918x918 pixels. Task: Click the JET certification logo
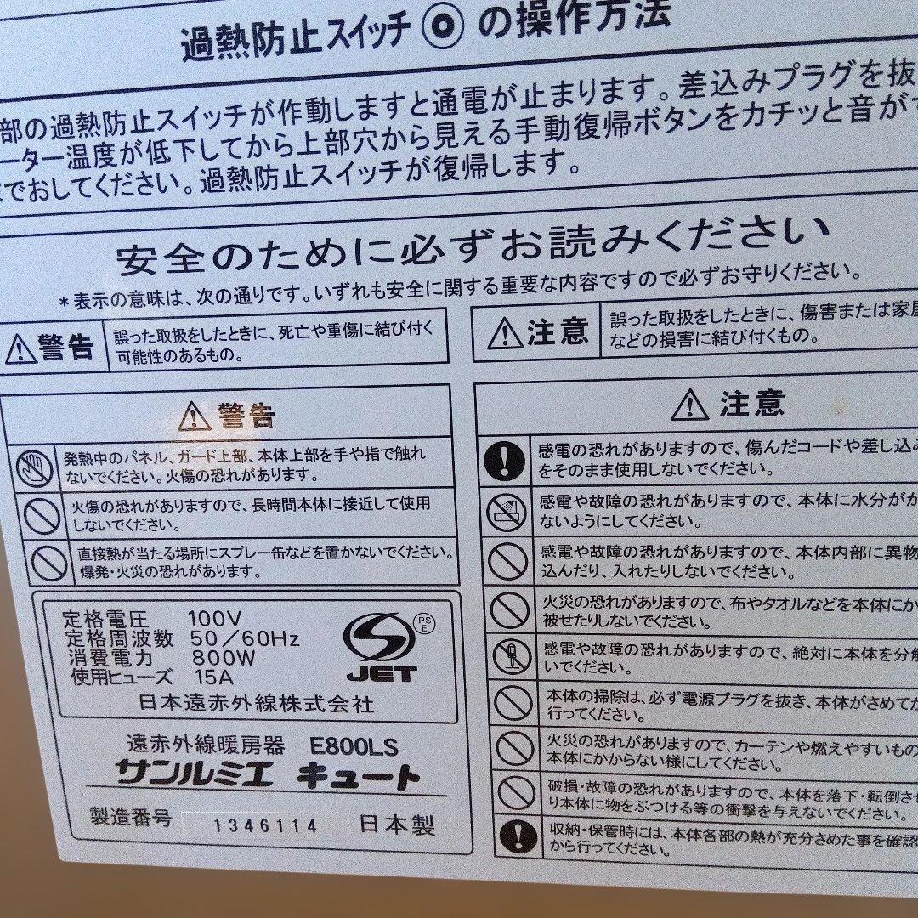(381, 648)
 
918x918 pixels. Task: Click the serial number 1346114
(265, 825)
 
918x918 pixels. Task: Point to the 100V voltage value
(215, 619)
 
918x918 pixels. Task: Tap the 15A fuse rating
(212, 677)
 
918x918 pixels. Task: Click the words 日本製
(397, 824)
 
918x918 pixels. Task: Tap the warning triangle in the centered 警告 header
(195, 416)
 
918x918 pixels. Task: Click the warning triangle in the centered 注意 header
(689, 405)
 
